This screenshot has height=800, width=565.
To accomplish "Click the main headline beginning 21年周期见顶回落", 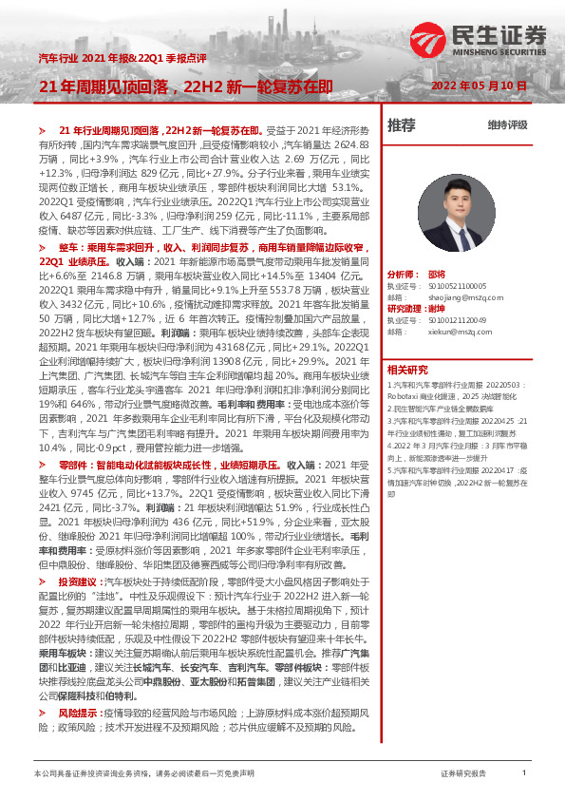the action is [184, 86].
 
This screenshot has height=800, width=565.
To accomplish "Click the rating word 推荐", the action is [402, 124].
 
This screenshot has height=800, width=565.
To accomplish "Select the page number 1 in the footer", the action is [523, 774].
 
